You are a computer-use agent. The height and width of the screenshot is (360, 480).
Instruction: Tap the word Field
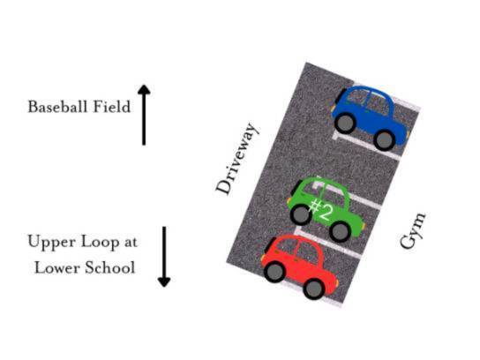(x=112, y=107)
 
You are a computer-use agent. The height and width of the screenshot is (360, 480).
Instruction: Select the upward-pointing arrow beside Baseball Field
(x=144, y=115)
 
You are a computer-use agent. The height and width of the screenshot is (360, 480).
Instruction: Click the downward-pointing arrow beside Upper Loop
(x=164, y=257)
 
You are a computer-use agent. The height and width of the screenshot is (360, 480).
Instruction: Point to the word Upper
(x=52, y=243)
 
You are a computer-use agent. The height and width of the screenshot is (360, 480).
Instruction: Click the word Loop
(x=100, y=243)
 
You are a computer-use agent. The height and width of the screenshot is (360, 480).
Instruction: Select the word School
(x=110, y=268)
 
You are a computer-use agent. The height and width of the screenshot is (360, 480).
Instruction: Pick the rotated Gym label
(x=413, y=230)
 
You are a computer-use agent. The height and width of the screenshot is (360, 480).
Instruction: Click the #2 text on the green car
(x=320, y=210)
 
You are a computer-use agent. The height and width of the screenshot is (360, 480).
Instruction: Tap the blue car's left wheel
(x=345, y=123)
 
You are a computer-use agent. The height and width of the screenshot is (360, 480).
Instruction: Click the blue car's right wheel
(x=385, y=140)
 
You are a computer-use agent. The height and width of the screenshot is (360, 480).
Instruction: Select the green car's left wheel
(x=301, y=215)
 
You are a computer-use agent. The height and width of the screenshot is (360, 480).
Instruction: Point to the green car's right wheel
(x=340, y=232)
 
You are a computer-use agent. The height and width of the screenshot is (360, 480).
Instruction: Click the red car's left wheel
(x=274, y=272)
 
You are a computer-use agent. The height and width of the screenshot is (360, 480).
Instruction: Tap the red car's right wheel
(x=314, y=289)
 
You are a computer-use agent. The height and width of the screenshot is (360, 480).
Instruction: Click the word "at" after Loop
(x=131, y=242)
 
